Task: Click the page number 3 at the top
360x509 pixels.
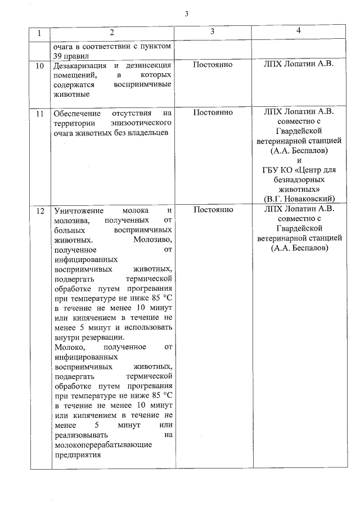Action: [186, 14]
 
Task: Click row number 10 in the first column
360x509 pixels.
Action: [39, 66]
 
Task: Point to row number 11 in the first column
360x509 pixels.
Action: [39, 113]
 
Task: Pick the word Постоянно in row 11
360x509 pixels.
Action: [213, 112]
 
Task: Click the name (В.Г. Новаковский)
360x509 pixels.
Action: [299, 198]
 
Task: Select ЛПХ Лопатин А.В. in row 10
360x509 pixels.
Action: [299, 65]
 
